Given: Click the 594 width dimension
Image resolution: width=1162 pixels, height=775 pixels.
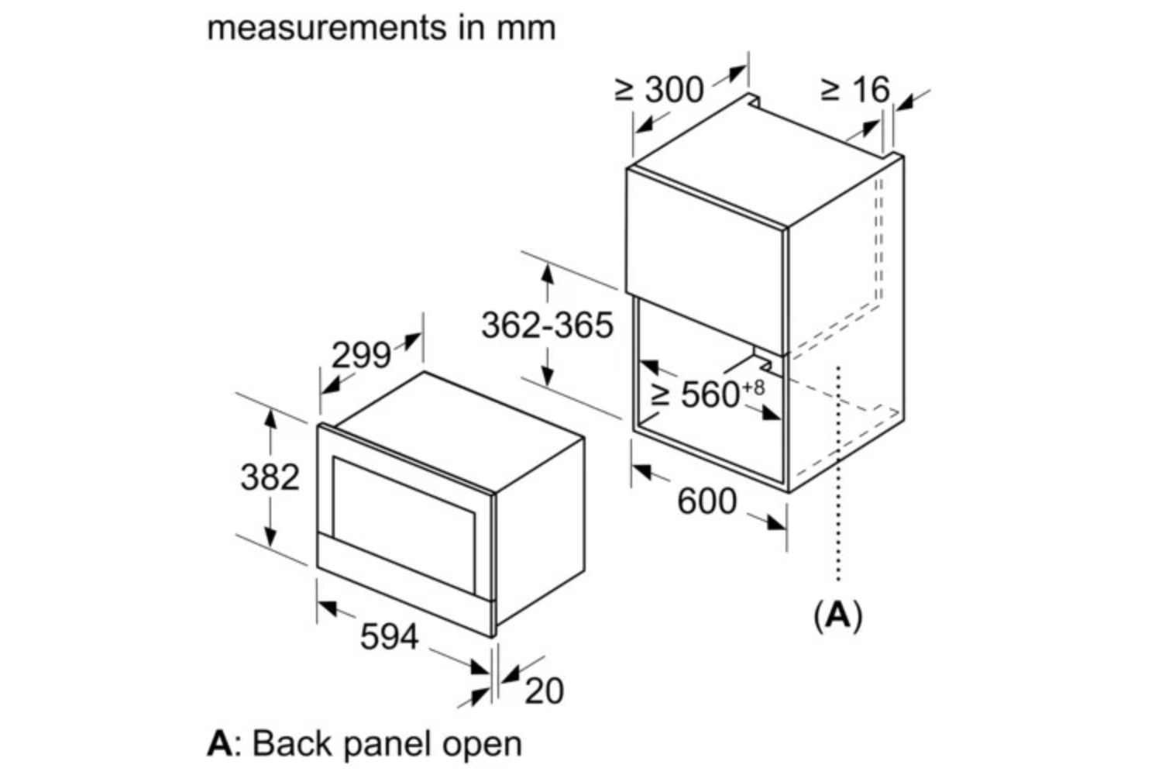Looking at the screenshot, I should pyautogui.click(x=389, y=636).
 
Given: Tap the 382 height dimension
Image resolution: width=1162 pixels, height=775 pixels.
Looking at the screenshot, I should pyautogui.click(x=270, y=477).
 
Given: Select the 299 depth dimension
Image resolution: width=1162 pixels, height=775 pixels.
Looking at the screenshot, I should pyautogui.click(x=361, y=356).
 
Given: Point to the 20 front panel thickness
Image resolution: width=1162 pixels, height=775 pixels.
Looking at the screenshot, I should pyautogui.click(x=544, y=691).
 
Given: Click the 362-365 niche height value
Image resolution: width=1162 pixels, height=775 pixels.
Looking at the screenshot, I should pyautogui.click(x=547, y=325).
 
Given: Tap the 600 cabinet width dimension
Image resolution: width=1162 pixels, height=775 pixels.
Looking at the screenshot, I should pyautogui.click(x=706, y=501).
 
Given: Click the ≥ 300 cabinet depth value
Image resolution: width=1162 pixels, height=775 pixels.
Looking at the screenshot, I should pyautogui.click(x=660, y=90).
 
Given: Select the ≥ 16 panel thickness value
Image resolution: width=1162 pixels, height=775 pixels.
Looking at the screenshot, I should pyautogui.click(x=855, y=90).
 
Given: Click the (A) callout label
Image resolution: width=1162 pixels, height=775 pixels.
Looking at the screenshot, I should pyautogui.click(x=838, y=615).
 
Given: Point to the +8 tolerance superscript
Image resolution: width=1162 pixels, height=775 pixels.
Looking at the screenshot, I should pyautogui.click(x=754, y=386).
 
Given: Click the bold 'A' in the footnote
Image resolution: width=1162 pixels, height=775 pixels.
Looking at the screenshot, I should pyautogui.click(x=219, y=743).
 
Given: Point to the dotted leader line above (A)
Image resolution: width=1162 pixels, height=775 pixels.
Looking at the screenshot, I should pyautogui.click(x=838, y=473).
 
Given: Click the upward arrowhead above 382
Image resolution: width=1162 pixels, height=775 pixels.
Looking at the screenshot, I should pyautogui.click(x=270, y=417).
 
